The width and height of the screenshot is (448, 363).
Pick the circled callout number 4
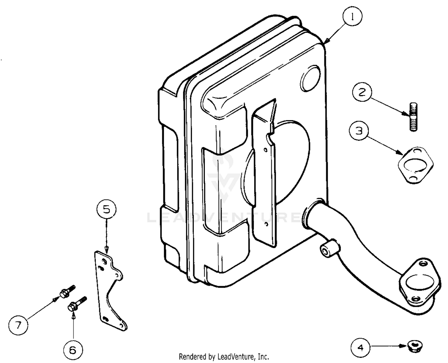tap(360, 348)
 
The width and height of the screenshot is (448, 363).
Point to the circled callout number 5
tap(106, 210)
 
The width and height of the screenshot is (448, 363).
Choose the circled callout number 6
tap(73, 350)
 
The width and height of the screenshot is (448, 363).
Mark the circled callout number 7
tap(18, 325)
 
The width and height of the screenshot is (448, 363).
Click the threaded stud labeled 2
tap(414, 117)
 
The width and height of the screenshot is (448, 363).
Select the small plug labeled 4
tap(414, 346)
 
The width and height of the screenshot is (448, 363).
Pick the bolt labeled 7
tap(67, 291)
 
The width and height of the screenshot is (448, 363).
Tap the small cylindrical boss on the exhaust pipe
tap(329, 249)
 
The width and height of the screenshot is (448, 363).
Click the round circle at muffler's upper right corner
tap(310, 78)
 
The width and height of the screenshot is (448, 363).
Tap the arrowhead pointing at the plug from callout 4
tap(403, 346)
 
